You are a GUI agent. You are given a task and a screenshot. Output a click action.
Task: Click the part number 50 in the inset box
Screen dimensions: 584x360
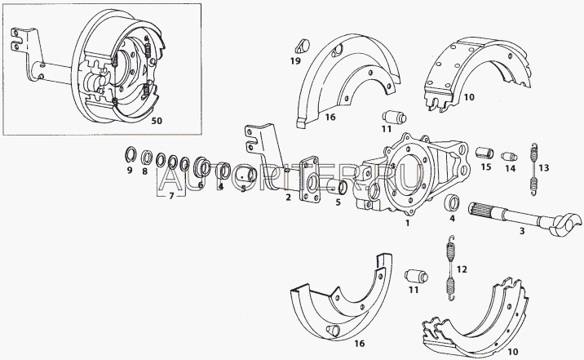(157, 121)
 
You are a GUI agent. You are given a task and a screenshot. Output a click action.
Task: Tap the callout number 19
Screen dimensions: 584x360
(295, 60)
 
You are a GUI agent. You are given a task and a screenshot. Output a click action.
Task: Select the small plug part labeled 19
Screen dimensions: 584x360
(303, 47)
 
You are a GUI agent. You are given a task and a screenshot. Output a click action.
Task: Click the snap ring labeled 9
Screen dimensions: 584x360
(130, 155)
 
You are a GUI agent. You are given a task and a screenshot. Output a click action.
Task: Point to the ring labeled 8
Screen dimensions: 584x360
(146, 158)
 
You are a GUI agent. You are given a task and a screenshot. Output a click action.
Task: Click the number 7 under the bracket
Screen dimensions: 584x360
(171, 196)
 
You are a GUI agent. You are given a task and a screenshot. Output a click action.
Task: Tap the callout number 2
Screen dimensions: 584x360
(288, 198)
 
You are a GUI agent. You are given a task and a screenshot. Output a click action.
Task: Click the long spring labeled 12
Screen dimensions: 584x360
(451, 268)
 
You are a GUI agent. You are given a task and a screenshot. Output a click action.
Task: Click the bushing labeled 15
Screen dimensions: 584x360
(485, 153)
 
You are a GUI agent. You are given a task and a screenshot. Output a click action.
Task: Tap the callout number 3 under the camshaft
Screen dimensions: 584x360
(522, 232)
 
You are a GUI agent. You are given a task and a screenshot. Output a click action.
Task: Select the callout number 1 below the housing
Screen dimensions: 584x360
(408, 223)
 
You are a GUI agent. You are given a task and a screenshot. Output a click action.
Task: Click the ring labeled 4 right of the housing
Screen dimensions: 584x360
(453, 202)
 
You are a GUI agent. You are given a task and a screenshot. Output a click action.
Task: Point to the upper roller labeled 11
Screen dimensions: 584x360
(394, 117)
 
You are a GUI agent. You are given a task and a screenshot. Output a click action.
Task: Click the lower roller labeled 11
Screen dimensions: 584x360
(417, 277)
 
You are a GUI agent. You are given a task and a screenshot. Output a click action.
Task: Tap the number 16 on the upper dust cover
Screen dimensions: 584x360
(330, 117)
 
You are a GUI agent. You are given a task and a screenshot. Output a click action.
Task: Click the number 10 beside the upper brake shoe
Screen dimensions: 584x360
(469, 97)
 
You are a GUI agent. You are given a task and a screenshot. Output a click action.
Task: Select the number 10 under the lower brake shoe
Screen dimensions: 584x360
(512, 351)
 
